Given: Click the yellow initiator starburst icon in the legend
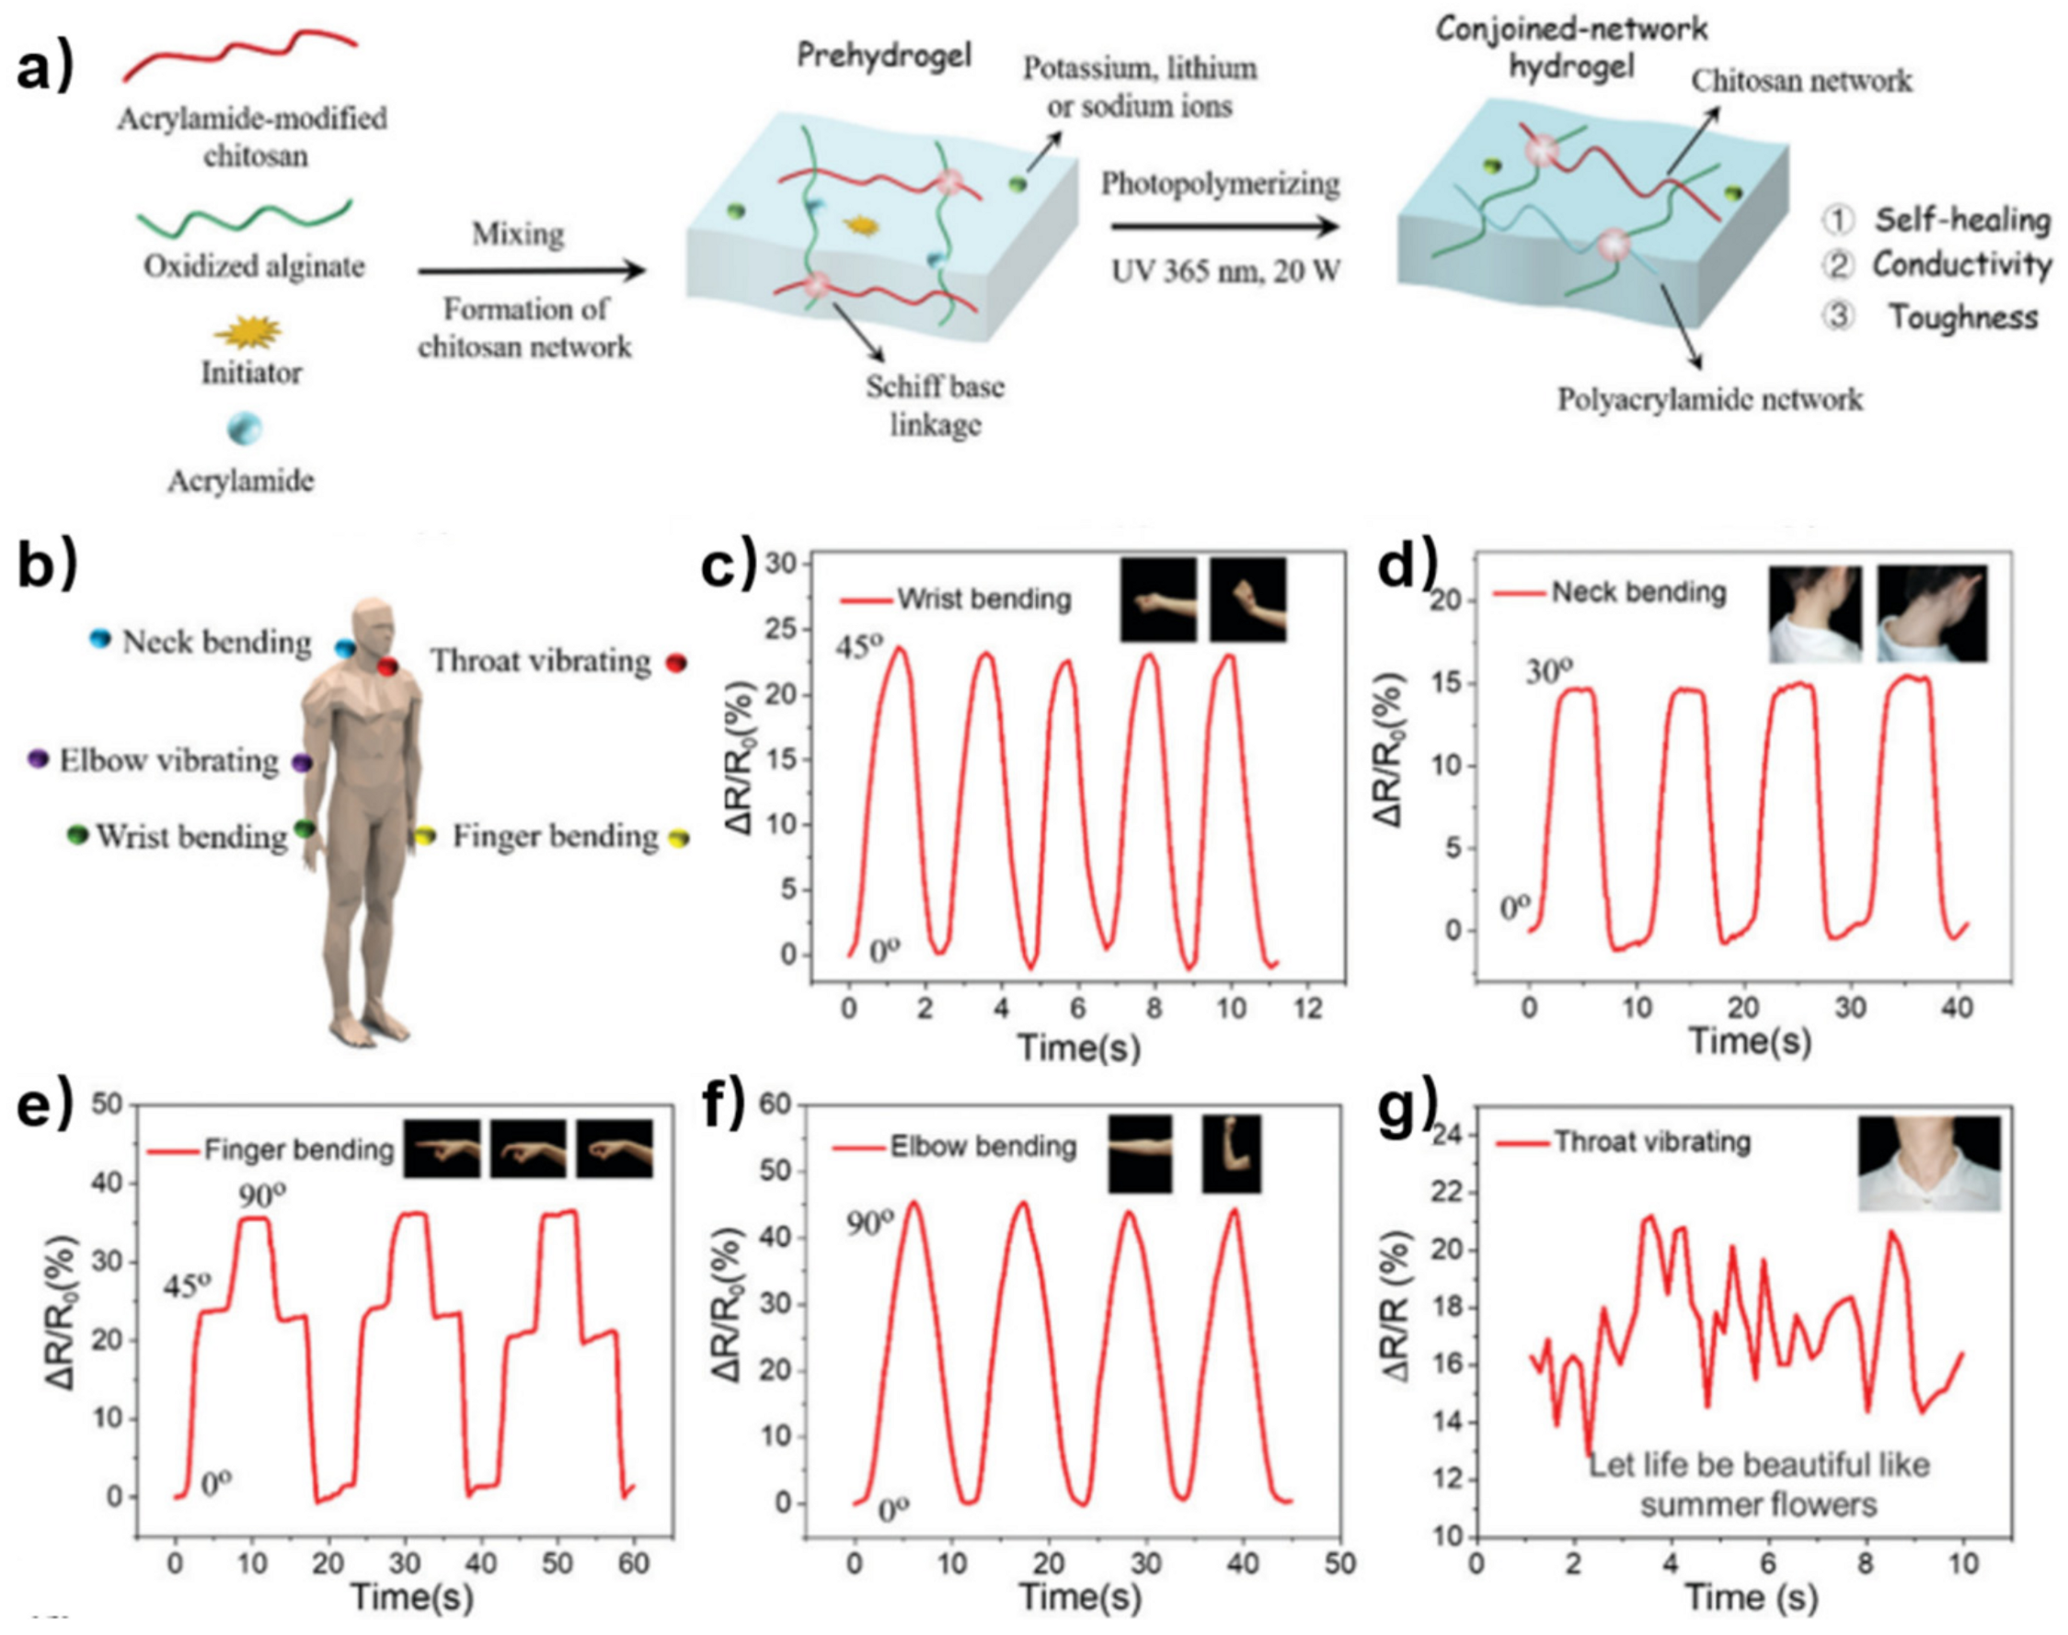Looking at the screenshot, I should (x=248, y=332).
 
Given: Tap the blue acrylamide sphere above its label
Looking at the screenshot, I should (x=244, y=428).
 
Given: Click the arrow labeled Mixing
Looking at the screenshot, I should (x=532, y=271).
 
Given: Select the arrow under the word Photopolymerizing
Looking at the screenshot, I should (x=1224, y=228).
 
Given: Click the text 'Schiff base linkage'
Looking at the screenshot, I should (x=935, y=405).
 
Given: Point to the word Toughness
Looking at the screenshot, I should (x=1963, y=316).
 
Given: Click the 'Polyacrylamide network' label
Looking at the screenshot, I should (x=1710, y=398).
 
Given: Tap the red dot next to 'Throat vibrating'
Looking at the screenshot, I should (x=676, y=661).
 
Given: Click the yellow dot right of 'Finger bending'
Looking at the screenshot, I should (x=679, y=839).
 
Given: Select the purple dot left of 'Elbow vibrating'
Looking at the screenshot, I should (x=39, y=760).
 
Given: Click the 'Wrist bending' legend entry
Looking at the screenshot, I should (x=983, y=600).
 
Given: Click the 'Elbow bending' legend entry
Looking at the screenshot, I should (x=983, y=1146).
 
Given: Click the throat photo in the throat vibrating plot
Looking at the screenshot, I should (x=1929, y=1162).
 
